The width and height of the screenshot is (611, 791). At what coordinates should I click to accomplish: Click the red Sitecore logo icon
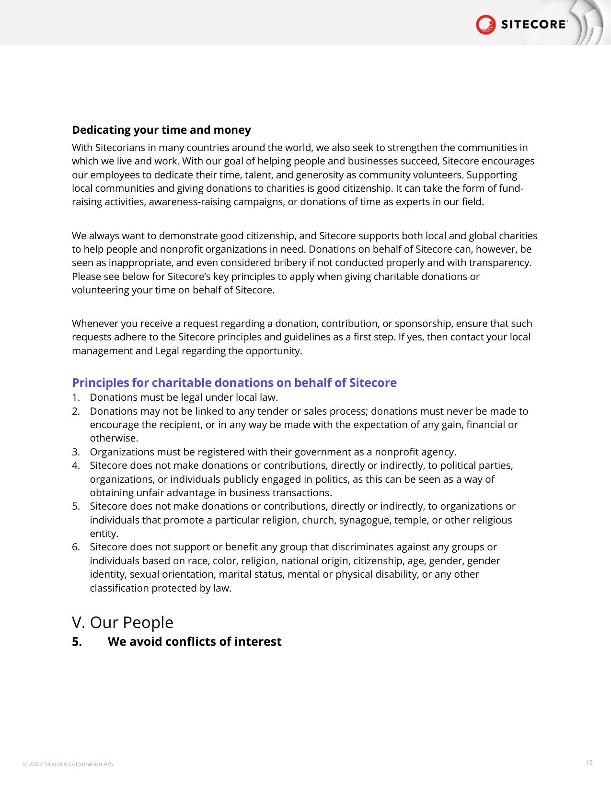pyautogui.click(x=485, y=24)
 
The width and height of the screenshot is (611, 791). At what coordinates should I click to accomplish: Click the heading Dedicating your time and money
pyautogui.click(x=161, y=130)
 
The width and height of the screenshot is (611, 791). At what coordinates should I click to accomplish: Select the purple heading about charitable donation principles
pyautogui.click(x=234, y=383)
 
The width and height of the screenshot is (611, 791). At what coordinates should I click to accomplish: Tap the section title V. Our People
pyautogui.click(x=123, y=622)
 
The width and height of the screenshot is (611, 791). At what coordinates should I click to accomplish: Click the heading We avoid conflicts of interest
pyautogui.click(x=194, y=641)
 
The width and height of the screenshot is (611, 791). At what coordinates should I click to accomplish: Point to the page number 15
pyautogui.click(x=589, y=762)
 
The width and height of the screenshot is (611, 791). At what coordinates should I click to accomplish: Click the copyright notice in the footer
pyautogui.click(x=69, y=764)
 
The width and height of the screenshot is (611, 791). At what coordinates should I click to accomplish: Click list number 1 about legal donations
pyautogui.click(x=75, y=397)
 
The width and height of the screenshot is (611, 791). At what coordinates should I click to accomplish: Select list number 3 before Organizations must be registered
pyautogui.click(x=75, y=452)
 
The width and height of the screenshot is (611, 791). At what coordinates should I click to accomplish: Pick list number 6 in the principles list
pyautogui.click(x=75, y=547)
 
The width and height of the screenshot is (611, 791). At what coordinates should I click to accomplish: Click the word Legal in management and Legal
pyautogui.click(x=167, y=351)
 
